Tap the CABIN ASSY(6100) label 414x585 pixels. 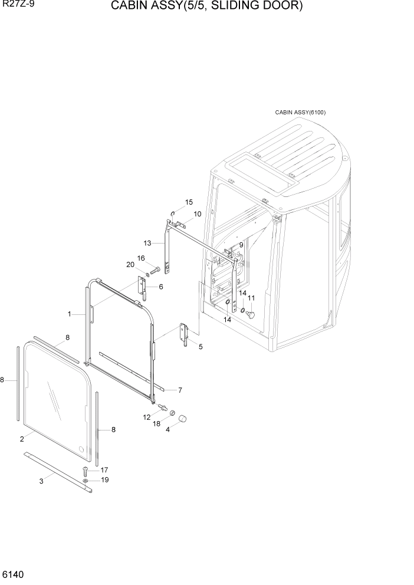click(x=300, y=113)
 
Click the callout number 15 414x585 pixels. click(x=189, y=202)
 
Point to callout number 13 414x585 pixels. click(x=147, y=243)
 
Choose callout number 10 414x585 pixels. click(x=197, y=213)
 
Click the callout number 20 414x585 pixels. click(x=130, y=264)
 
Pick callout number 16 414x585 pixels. click(x=141, y=258)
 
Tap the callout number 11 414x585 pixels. click(x=251, y=298)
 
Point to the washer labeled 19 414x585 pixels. click(x=86, y=481)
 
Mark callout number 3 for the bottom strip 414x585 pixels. click(x=41, y=482)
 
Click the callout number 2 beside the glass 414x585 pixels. click(x=22, y=439)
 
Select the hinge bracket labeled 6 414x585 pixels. click(x=142, y=287)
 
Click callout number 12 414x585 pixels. click(x=147, y=417)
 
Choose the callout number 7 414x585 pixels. click(x=179, y=390)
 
